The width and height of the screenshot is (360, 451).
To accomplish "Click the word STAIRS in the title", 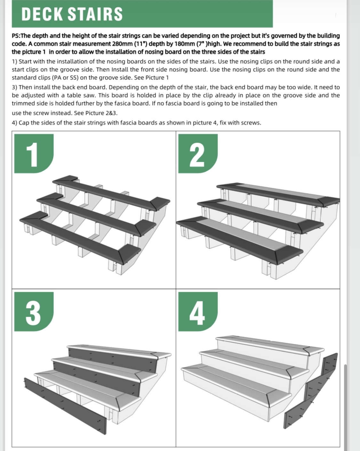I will coord(95,14).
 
